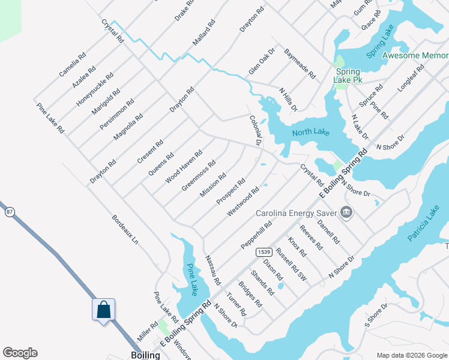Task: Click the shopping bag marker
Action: [103, 310]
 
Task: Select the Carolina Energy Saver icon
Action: [346, 212]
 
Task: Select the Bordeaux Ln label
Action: [125, 230]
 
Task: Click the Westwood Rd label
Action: [243, 202]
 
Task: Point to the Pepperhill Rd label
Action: [257, 235]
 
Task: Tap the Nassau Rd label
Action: [212, 270]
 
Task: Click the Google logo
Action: [20, 353]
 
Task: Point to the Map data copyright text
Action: [412, 355]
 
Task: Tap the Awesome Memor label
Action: [415, 55]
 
